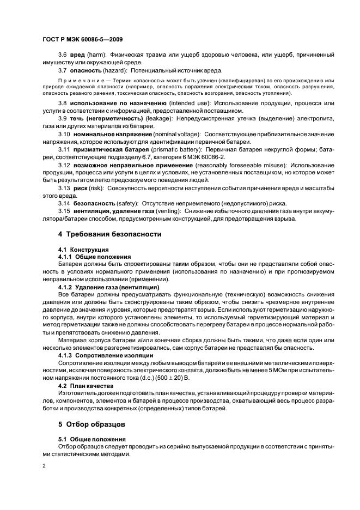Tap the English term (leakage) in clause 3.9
159,118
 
